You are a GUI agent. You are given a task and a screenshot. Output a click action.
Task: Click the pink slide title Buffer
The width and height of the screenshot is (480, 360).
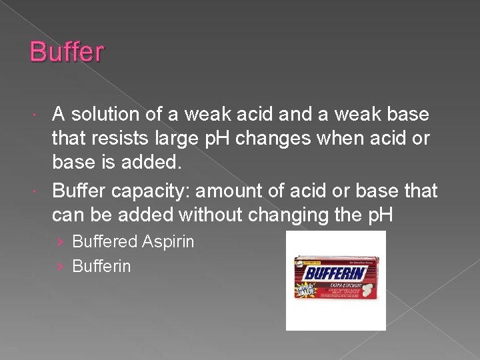pos(67,51)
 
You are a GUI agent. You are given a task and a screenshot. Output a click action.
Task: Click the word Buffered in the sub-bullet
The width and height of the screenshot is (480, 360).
pos(105,242)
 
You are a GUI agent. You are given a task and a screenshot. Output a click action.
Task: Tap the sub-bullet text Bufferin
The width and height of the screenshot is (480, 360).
pos(101,267)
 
